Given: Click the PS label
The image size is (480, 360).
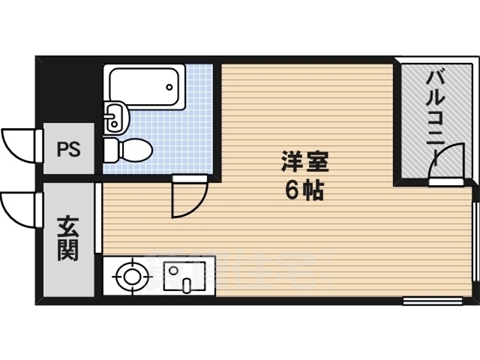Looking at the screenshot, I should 68,148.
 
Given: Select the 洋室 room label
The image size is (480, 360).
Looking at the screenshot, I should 304,162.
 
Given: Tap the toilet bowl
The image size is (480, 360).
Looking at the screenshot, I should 132,148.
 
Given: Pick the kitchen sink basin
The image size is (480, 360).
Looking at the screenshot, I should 178,275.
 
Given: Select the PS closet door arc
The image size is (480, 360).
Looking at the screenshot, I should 19,142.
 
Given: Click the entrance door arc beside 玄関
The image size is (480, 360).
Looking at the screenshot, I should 19,205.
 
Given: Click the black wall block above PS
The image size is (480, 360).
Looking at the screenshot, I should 70,90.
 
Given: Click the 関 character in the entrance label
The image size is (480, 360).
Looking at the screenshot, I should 68,249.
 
